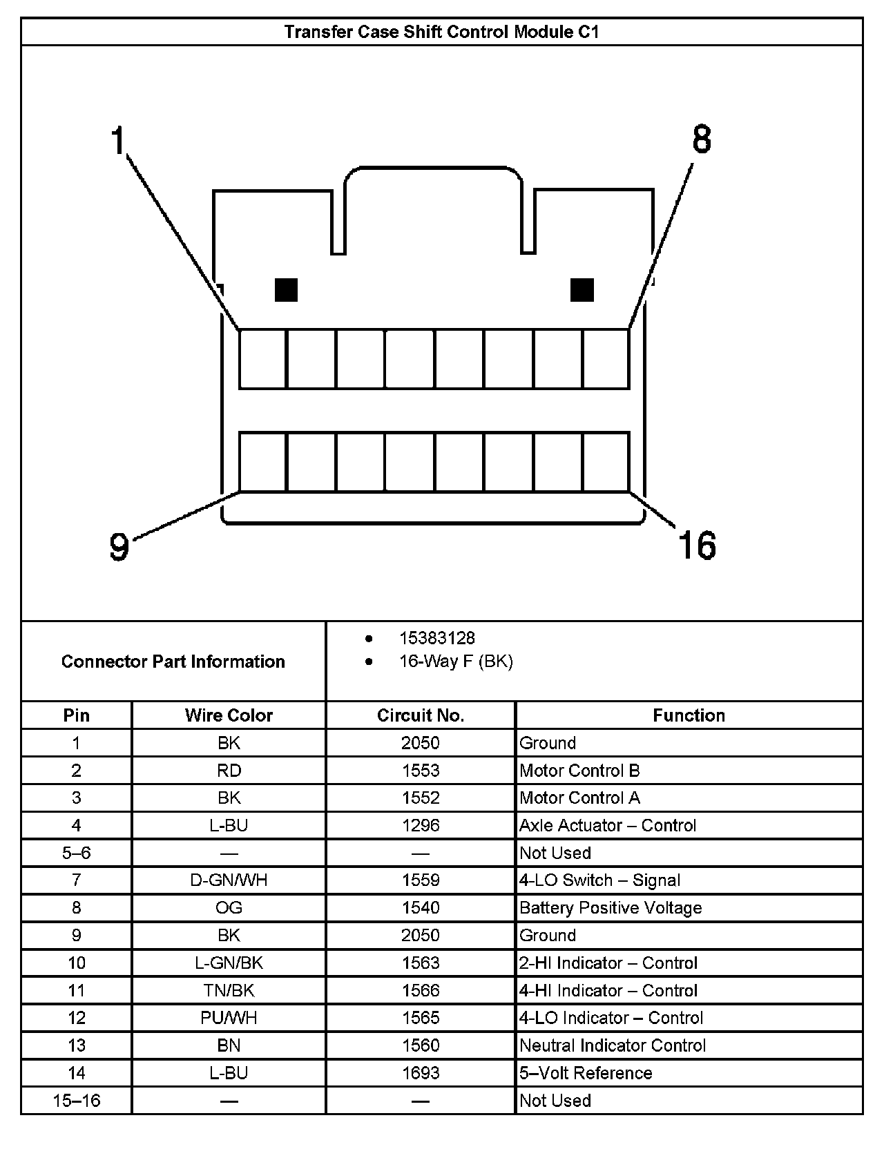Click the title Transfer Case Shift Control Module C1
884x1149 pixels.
(441, 32)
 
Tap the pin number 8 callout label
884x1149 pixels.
(702, 139)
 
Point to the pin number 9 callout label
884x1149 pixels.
(119, 547)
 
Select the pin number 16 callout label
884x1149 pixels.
(697, 545)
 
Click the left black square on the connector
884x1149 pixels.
(286, 290)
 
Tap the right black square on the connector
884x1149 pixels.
(582, 290)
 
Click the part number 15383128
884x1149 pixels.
(437, 638)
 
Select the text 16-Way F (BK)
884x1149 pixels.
(456, 662)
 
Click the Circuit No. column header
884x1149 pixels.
(421, 715)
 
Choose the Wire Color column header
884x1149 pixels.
(229, 715)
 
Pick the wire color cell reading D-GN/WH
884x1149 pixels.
(229, 880)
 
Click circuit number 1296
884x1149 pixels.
(421, 825)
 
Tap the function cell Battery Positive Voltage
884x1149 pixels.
(611, 908)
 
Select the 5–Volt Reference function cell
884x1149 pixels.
(586, 1073)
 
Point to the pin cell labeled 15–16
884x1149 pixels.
(77, 1101)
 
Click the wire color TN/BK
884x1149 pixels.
(229, 990)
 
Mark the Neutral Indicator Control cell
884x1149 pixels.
(613, 1045)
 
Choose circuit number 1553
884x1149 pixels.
(421, 771)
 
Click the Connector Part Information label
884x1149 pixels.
(173, 662)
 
